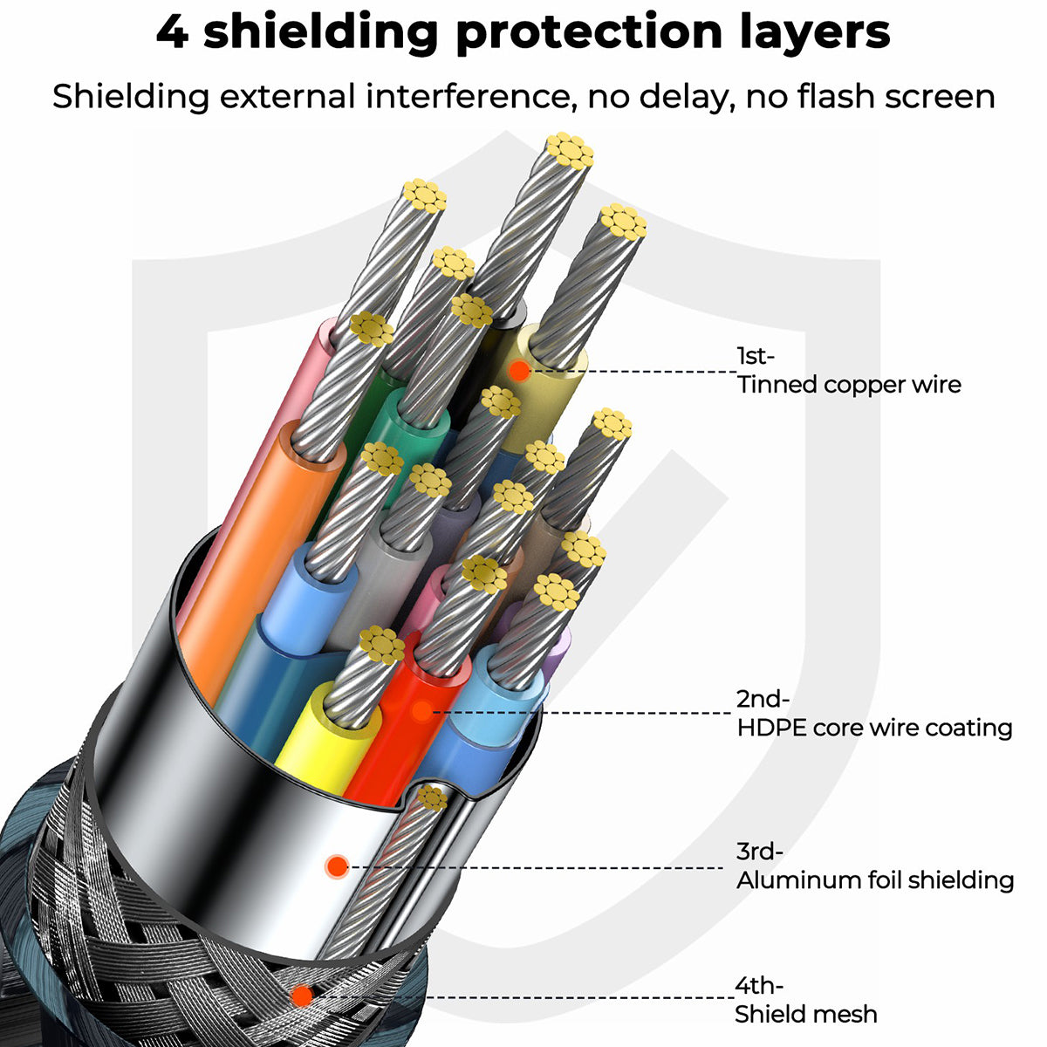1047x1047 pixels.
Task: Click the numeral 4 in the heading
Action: pyautogui.click(x=172, y=31)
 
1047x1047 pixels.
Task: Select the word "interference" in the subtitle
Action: pyautogui.click(x=468, y=96)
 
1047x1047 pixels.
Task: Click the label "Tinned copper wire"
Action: pyautogui.click(x=849, y=385)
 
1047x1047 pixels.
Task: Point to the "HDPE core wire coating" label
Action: pyautogui.click(x=874, y=728)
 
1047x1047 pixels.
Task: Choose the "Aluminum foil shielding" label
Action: pyautogui.click(x=874, y=879)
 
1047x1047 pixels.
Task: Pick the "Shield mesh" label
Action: pyautogui.click(x=805, y=1014)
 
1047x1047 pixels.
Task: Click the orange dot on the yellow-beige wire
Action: pyautogui.click(x=519, y=371)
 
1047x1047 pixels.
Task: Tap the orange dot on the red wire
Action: pyautogui.click(x=421, y=711)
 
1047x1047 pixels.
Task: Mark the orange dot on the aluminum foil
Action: pyautogui.click(x=337, y=866)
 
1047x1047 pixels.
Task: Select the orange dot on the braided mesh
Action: pyautogui.click(x=302, y=995)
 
